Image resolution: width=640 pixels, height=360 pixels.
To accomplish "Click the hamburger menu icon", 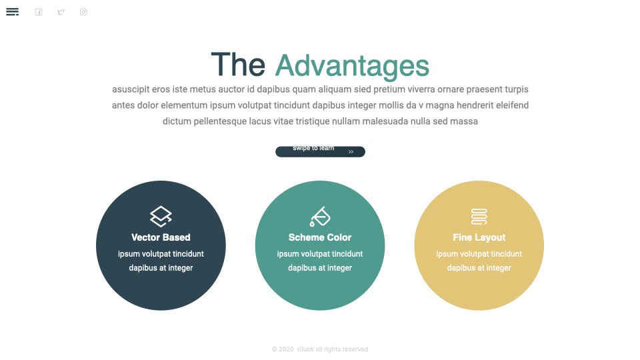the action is click(x=12, y=12).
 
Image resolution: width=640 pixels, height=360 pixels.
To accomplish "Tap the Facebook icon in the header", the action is click(x=39, y=12).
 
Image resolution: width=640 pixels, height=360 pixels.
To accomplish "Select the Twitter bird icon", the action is click(x=61, y=12).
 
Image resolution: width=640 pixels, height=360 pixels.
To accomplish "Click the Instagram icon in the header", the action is click(x=84, y=12).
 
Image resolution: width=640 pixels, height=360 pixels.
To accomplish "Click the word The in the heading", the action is click(x=238, y=65).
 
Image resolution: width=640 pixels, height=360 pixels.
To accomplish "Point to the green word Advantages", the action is click(x=352, y=65).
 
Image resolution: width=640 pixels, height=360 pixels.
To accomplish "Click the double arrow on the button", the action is click(x=351, y=152).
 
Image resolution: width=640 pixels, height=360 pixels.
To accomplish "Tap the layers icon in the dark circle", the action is click(x=161, y=216).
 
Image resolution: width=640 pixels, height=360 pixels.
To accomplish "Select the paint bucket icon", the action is click(x=319, y=216).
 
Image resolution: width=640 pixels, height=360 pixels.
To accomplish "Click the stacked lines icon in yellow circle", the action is click(x=479, y=217).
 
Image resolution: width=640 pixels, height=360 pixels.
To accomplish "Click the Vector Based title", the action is click(x=161, y=237).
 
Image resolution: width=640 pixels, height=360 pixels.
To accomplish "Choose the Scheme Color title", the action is click(x=320, y=237).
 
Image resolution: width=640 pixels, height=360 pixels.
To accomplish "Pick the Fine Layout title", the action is click(x=479, y=237).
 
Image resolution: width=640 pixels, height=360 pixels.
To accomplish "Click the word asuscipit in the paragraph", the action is click(x=131, y=89).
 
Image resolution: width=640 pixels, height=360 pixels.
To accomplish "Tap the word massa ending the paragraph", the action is click(x=464, y=121).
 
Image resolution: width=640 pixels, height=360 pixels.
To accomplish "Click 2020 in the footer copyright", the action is click(x=286, y=349).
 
